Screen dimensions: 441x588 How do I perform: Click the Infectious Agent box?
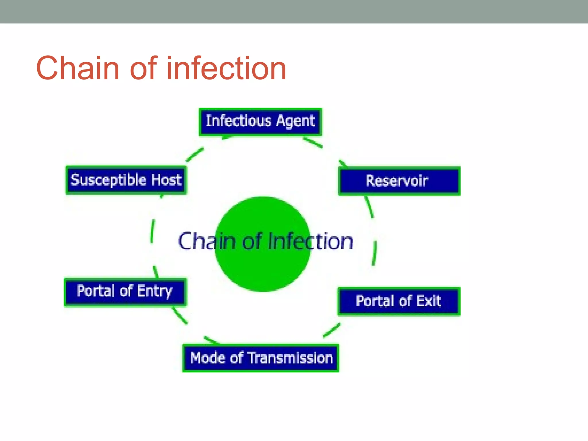click(x=260, y=122)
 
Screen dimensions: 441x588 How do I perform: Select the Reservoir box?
click(x=399, y=181)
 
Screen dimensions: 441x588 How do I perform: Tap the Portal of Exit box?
click(x=399, y=301)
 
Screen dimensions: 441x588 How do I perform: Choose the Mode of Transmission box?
click(x=261, y=358)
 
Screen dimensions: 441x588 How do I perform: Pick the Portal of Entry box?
click(x=125, y=291)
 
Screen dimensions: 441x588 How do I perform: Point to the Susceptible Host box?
click(x=126, y=180)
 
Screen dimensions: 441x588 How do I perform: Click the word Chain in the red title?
click(x=78, y=68)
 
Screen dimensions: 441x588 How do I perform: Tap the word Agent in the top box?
click(x=295, y=121)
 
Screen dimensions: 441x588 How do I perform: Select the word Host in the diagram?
click(x=167, y=180)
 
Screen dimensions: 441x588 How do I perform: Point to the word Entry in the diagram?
click(x=155, y=291)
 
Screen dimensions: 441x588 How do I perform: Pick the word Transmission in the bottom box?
click(x=291, y=358)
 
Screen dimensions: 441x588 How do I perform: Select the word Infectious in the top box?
click(x=238, y=121)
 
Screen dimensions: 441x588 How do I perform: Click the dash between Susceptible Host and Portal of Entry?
click(x=152, y=231)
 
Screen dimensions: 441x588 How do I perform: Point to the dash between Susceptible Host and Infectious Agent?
click(x=195, y=154)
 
